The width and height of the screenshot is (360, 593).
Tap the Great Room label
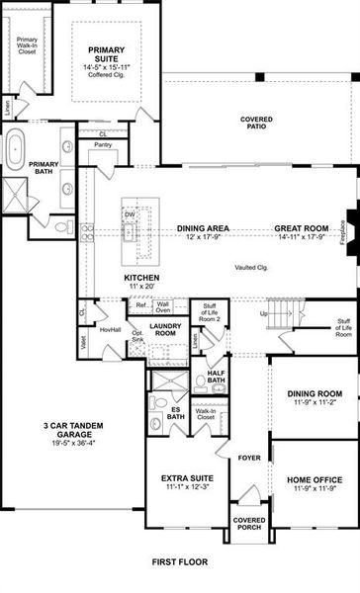coord(302,228)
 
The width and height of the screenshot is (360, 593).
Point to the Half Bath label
coord(218,380)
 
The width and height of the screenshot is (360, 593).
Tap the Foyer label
coord(246,458)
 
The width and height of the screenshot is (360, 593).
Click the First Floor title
coord(179,562)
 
